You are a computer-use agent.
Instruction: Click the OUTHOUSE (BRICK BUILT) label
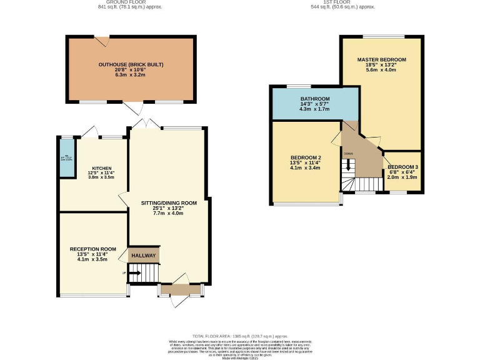pyautogui.click(x=131, y=64)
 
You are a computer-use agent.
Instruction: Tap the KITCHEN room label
pyautogui.click(x=102, y=168)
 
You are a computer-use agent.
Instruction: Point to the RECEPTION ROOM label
pyautogui.click(x=93, y=249)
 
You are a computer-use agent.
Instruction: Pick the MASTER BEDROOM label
pyautogui.click(x=381, y=59)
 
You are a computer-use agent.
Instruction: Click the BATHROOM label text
pyautogui.click(x=314, y=99)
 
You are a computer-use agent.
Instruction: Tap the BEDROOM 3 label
pyautogui.click(x=402, y=167)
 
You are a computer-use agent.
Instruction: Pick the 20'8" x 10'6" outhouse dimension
pyautogui.click(x=131, y=70)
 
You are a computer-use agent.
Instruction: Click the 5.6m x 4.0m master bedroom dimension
pyautogui.click(x=381, y=71)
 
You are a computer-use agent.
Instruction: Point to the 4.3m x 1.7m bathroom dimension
pyautogui.click(x=314, y=109)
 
